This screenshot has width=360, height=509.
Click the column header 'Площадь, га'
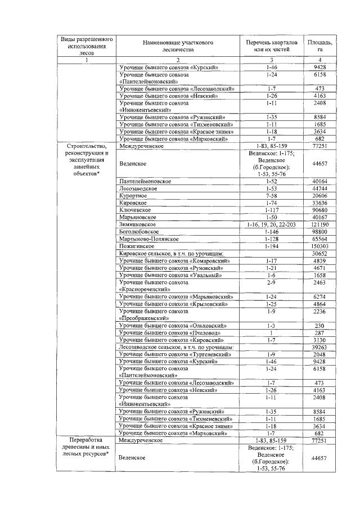[x=319, y=47]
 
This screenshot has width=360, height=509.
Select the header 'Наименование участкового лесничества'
[x=177, y=47]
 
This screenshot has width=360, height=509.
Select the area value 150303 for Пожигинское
[x=319, y=246]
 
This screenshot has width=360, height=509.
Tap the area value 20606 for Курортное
[x=319, y=195]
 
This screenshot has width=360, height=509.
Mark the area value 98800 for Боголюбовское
[x=319, y=232]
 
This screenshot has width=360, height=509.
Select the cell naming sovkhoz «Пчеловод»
[x=170, y=333]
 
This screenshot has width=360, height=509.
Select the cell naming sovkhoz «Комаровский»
[x=174, y=261]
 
